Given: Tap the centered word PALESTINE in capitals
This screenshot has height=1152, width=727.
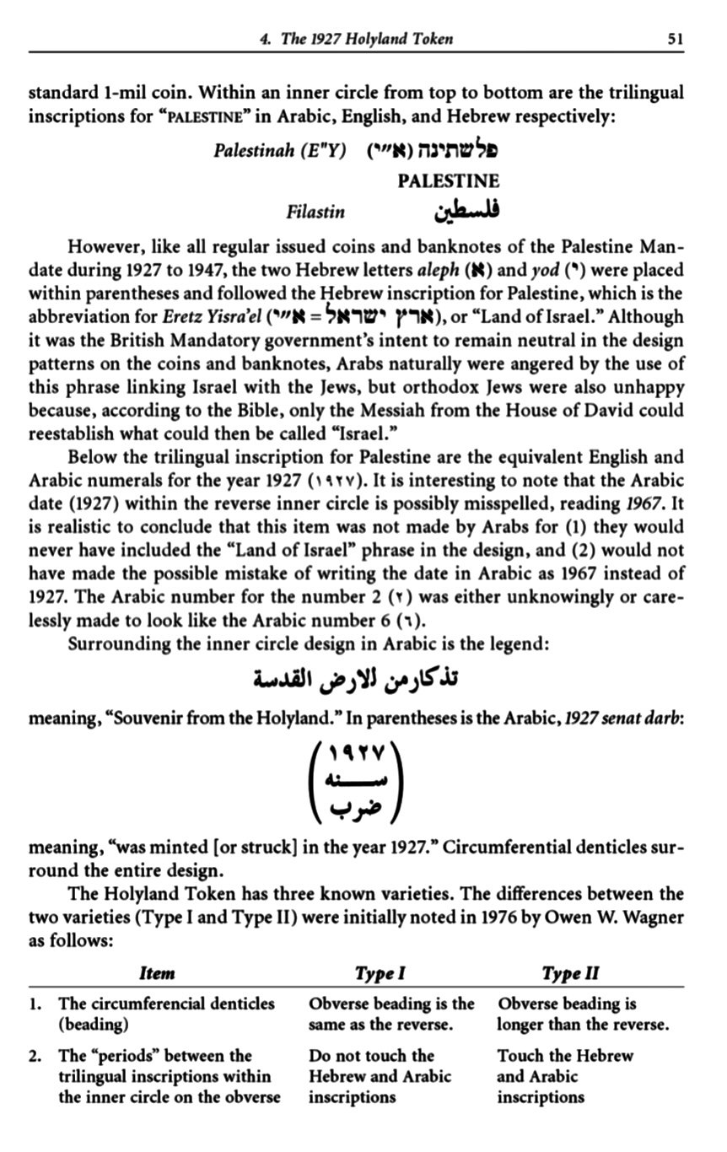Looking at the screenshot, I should click(448, 180).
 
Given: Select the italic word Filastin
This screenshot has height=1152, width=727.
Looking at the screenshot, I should click(315, 212).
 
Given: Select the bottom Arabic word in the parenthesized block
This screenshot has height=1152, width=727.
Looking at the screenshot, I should click(359, 811).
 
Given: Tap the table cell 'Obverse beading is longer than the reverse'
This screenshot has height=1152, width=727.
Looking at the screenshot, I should click(583, 1015).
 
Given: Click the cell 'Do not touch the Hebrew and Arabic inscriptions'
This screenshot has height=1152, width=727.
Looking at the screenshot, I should click(380, 1076).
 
